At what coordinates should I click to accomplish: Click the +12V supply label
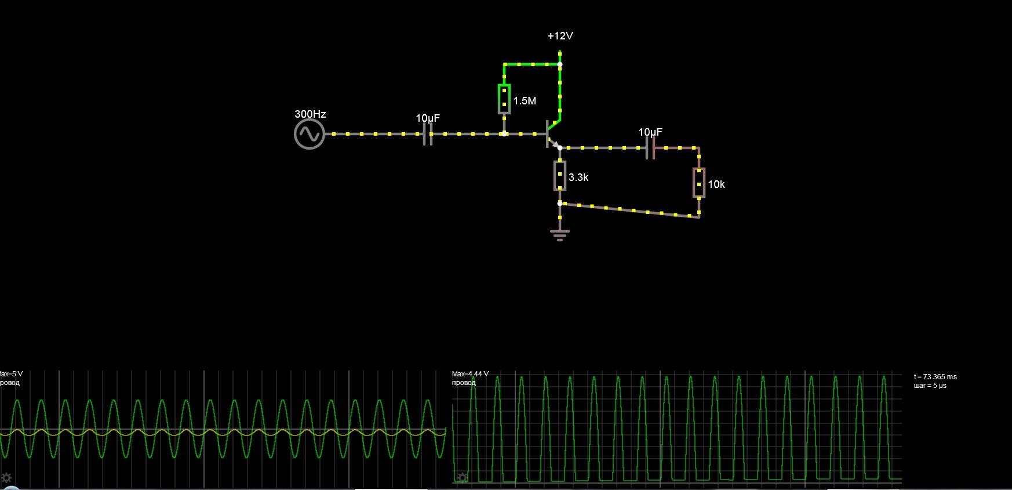pyautogui.click(x=560, y=36)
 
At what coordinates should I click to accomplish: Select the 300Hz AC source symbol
pyautogui.click(x=309, y=134)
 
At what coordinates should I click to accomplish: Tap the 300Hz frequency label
pyautogui.click(x=310, y=114)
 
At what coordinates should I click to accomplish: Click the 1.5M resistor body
pyautogui.click(x=504, y=99)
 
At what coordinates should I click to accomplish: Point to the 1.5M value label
pyautogui.click(x=525, y=101)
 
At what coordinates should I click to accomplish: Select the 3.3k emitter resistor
pyautogui.click(x=559, y=176)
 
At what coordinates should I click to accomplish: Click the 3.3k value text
pyautogui.click(x=578, y=177)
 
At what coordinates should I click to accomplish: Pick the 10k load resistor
pyautogui.click(x=699, y=183)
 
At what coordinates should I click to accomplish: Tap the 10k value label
pyautogui.click(x=716, y=184)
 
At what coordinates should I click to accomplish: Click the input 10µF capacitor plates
pyautogui.click(x=427, y=134)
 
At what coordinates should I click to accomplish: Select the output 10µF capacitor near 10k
pyautogui.click(x=650, y=148)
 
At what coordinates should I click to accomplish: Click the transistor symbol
pyautogui.click(x=551, y=134)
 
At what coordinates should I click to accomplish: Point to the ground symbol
pyautogui.click(x=559, y=234)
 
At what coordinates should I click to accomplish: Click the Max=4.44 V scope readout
pyautogui.click(x=470, y=374)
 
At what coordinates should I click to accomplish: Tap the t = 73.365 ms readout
pyautogui.click(x=935, y=377)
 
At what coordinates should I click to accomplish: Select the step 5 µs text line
pyautogui.click(x=930, y=386)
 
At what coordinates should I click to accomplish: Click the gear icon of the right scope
pyautogui.click(x=462, y=478)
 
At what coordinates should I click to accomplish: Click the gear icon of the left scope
pyautogui.click(x=6, y=478)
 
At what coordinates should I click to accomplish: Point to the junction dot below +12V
pyautogui.click(x=560, y=64)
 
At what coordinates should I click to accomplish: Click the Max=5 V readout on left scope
pyautogui.click(x=11, y=374)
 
